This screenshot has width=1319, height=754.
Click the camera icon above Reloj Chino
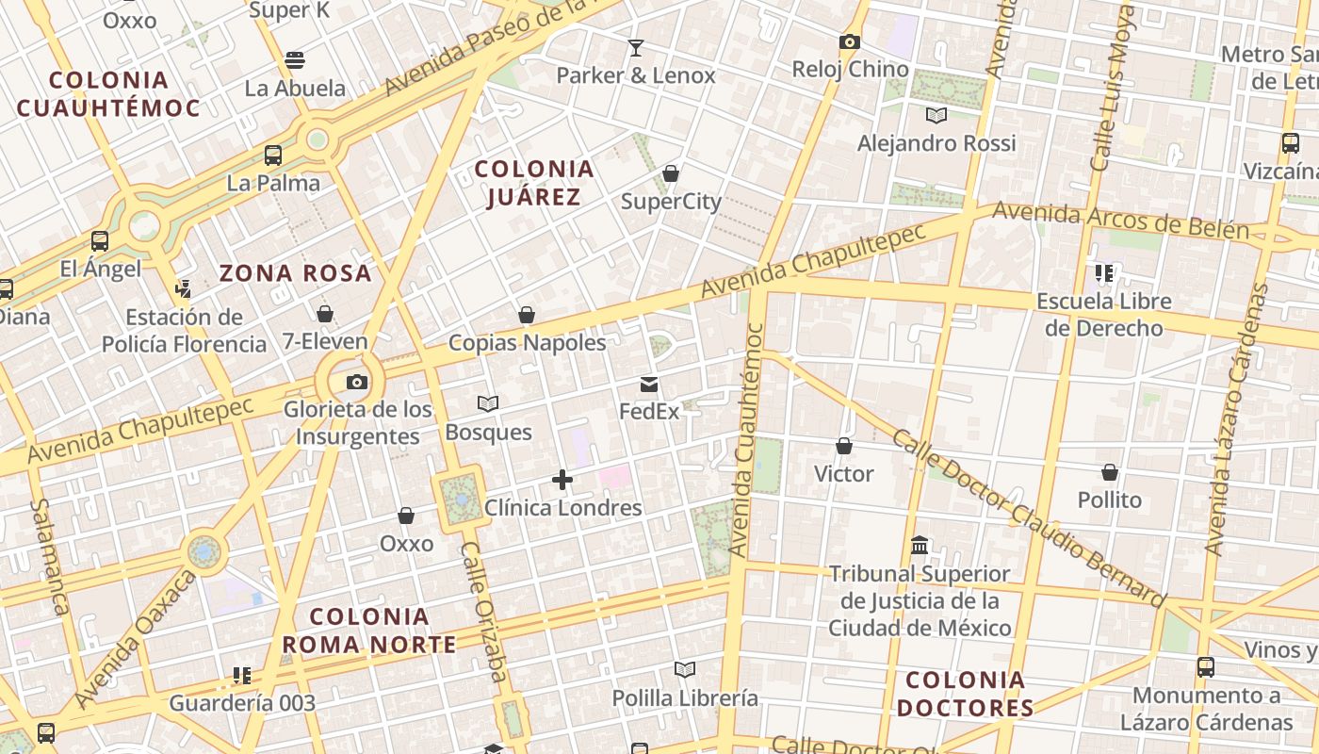[850, 41]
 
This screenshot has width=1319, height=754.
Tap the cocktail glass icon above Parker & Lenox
[636, 47]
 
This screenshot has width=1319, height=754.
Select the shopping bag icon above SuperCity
[671, 173]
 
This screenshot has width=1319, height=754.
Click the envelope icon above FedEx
[649, 384]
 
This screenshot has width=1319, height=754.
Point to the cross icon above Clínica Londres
[562, 480]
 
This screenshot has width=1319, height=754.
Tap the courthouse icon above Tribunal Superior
[920, 545]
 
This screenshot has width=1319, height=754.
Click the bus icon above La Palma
[273, 156]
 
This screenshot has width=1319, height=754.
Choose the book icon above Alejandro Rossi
[936, 115]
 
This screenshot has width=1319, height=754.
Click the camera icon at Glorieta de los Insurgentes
[356, 382]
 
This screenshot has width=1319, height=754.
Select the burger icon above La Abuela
[295, 60]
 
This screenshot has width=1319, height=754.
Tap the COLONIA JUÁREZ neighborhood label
[534, 183]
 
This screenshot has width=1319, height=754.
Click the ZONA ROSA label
[296, 273]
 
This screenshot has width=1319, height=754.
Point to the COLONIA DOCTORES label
[965, 694]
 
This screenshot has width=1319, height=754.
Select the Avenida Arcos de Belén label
[1121, 221]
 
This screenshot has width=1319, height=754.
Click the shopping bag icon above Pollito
[1110, 471]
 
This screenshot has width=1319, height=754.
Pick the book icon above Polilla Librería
[685, 669]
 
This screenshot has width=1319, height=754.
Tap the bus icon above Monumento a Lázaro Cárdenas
[1205, 667]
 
